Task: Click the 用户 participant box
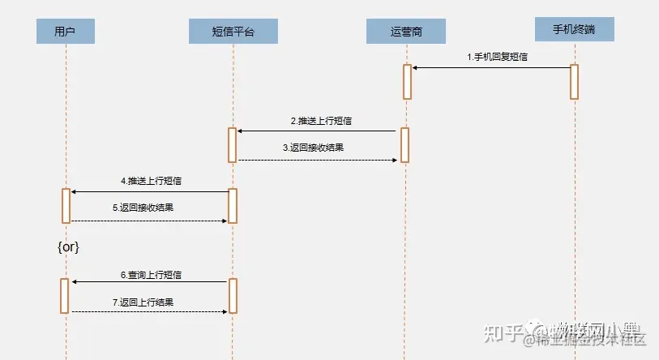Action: tap(66, 32)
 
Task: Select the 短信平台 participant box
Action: tap(233, 32)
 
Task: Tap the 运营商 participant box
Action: tap(405, 32)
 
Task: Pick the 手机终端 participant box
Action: tap(574, 29)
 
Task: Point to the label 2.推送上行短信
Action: tap(322, 120)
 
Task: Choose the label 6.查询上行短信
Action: tap(151, 275)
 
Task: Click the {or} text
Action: tap(68, 246)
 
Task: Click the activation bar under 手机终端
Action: tap(574, 81)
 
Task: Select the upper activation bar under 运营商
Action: tap(407, 81)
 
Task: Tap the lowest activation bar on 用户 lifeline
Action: tap(66, 295)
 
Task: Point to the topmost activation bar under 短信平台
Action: tap(232, 144)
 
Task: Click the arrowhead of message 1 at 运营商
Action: tap(415, 68)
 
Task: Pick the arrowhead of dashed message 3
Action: tap(396, 160)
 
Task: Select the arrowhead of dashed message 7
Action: tap(225, 311)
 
